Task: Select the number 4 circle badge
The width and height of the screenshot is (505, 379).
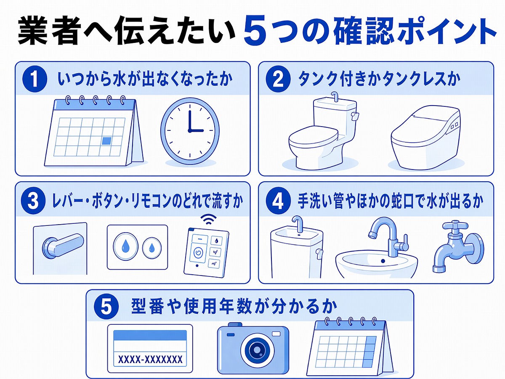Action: [x=278, y=201]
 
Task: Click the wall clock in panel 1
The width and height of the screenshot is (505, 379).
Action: [x=190, y=130]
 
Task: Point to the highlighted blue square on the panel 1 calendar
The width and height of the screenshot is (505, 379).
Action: [x=108, y=141]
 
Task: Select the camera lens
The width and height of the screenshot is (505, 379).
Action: [x=255, y=350]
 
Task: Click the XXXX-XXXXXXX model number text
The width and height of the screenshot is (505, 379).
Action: [x=150, y=359]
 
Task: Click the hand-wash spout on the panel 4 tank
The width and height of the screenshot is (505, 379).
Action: [x=298, y=224]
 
